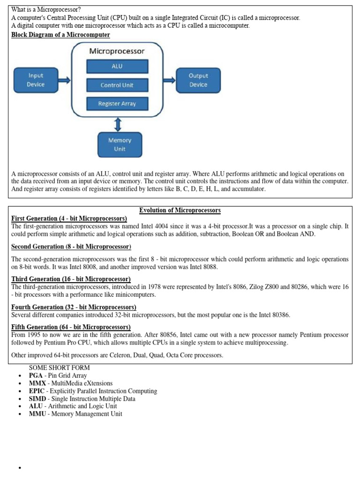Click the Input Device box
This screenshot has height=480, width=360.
(x=36, y=80)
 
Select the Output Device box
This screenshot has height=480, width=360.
(x=198, y=80)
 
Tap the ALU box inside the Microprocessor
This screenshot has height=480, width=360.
(x=117, y=67)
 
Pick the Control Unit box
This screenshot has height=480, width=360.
(x=117, y=85)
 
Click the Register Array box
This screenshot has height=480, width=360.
(x=117, y=104)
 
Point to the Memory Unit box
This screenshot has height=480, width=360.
(x=120, y=144)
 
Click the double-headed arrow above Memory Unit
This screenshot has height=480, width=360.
(x=118, y=124)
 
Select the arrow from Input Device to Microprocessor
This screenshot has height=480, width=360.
(x=65, y=80)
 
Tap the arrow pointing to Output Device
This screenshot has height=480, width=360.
(x=169, y=80)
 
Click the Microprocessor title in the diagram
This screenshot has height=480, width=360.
(x=117, y=51)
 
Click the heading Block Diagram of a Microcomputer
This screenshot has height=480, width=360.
(x=60, y=35)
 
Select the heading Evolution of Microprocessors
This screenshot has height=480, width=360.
(x=180, y=210)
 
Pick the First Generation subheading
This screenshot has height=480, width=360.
(x=69, y=218)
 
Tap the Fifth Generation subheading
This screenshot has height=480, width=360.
(x=71, y=327)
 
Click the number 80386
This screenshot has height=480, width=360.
(x=279, y=315)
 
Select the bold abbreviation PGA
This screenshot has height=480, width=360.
(x=36, y=375)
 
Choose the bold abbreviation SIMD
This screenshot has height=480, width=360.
(x=37, y=398)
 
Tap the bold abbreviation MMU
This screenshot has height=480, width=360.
(x=37, y=414)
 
